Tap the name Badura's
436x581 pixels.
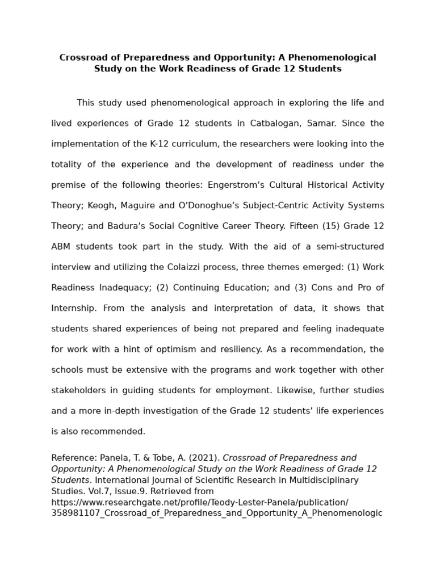point(128,226)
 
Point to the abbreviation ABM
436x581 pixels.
point(62,246)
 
